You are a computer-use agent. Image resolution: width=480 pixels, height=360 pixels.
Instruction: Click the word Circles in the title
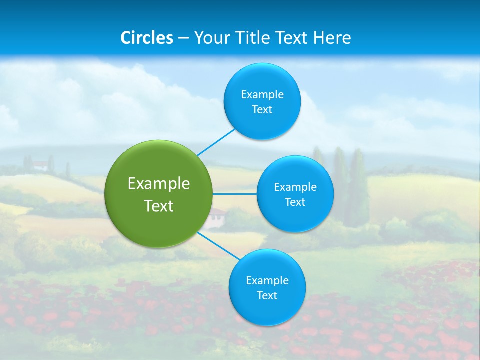[147, 38]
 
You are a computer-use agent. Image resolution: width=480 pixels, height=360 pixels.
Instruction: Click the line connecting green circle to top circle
[216, 142]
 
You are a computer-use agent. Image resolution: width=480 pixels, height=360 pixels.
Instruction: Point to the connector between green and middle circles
[235, 194]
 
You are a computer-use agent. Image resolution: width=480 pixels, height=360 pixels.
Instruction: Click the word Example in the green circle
[159, 184]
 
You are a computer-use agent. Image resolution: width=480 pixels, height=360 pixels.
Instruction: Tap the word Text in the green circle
[159, 206]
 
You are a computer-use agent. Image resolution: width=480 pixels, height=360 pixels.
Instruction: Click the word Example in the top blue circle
[262, 95]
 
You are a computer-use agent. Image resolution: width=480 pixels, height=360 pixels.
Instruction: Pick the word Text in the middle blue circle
[295, 202]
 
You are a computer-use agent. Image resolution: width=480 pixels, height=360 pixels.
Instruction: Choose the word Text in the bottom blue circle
[267, 296]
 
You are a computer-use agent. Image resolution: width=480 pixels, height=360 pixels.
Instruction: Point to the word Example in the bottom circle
[267, 281]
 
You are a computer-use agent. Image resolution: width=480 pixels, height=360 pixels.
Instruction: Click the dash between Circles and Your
[183, 38]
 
